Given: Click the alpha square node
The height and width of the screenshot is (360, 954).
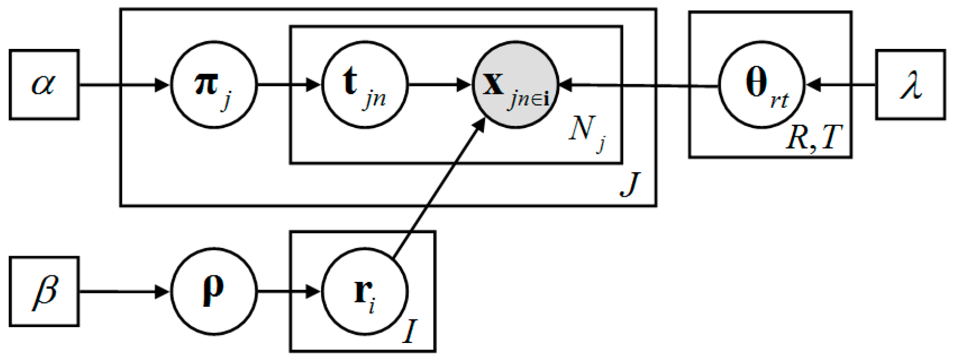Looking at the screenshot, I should pyautogui.click(x=44, y=85).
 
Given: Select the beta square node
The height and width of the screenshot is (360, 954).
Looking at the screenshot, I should pyautogui.click(x=44, y=291).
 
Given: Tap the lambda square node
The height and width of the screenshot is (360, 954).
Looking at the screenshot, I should pyautogui.click(x=910, y=85).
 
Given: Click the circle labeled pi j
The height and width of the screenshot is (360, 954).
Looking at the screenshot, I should pyautogui.click(x=214, y=85).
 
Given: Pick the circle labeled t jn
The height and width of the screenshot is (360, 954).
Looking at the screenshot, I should pyautogui.click(x=365, y=85).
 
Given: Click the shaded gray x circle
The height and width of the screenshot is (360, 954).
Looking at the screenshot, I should pyautogui.click(x=515, y=85).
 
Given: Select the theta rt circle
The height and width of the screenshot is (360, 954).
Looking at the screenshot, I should pyautogui.click(x=762, y=85).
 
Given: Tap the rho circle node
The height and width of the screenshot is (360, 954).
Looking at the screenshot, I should pyautogui.click(x=214, y=291).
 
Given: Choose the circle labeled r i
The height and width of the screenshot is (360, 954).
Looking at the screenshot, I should pyautogui.click(x=365, y=291).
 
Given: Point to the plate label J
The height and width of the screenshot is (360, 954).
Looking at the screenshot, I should pyautogui.click(x=630, y=184).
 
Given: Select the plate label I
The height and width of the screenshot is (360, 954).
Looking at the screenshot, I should pyautogui.click(x=409, y=332).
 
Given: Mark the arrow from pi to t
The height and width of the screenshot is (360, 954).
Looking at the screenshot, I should pyautogui.click(x=289, y=85).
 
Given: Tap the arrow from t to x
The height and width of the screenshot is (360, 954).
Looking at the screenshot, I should pyautogui.click(x=440, y=85).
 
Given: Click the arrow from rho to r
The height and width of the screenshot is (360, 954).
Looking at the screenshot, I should pyautogui.click(x=289, y=292).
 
